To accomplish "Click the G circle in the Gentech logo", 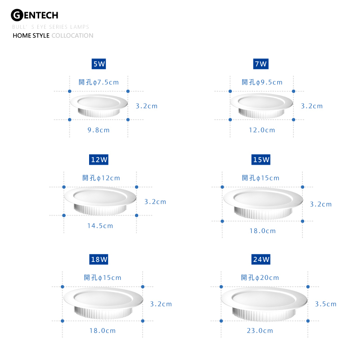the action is click(17, 15).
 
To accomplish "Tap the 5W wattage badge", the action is click(99, 64).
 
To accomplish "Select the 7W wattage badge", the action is click(261, 64).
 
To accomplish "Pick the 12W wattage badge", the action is click(99, 160).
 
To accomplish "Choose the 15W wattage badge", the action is click(261, 160).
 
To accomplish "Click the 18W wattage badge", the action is click(99, 260).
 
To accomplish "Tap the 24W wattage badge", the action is click(261, 260).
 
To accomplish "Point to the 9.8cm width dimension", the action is click(99, 130).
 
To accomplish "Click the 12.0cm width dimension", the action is click(262, 130).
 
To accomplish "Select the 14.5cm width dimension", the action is click(100, 226).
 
